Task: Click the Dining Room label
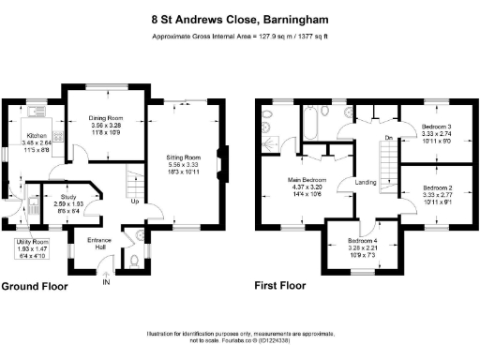105,117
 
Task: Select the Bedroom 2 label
436,187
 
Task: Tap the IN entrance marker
106,281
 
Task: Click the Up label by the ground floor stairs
134,202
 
